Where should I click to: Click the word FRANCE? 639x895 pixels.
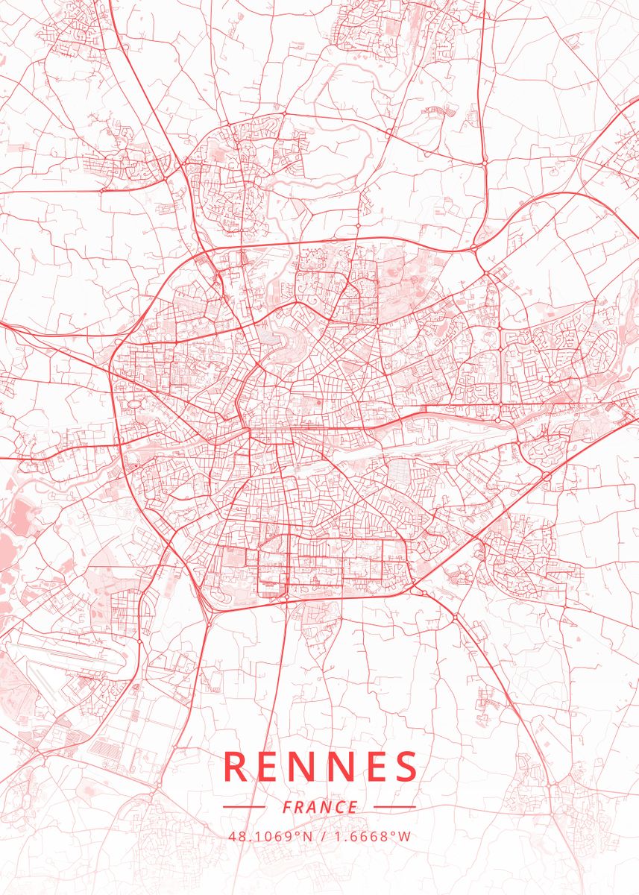320,807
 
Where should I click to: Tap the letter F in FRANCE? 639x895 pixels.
288,807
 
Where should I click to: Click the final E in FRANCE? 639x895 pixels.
353,807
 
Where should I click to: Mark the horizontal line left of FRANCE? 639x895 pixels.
244,807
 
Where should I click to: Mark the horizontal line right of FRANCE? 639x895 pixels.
394,807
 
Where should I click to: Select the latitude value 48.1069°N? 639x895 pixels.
271,836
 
